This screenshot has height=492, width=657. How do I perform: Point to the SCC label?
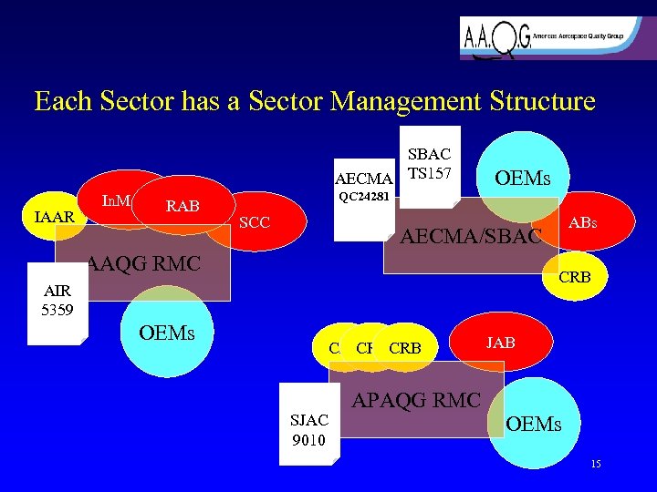coord(255,222)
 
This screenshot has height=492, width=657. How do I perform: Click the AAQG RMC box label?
coord(143,266)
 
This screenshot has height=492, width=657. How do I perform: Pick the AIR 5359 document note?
coord(57,304)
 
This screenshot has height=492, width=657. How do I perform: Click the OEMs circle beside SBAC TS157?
coord(520,174)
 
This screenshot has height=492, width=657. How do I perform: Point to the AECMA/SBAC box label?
coord(473,239)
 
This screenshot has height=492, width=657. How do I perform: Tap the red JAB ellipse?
coord(500,343)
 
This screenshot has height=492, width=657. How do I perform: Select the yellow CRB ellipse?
coord(404,348)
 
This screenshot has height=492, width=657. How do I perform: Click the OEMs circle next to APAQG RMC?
coord(534,425)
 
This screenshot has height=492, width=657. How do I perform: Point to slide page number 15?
coord(596,465)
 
